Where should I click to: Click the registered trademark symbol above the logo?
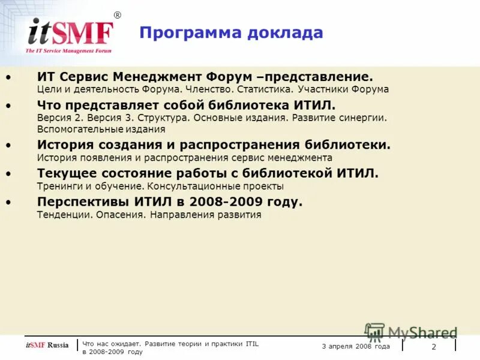(x=117, y=15)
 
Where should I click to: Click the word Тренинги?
(x=57, y=186)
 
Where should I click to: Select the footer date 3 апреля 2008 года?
(x=356, y=346)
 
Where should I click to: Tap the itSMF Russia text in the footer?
(x=47, y=345)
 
